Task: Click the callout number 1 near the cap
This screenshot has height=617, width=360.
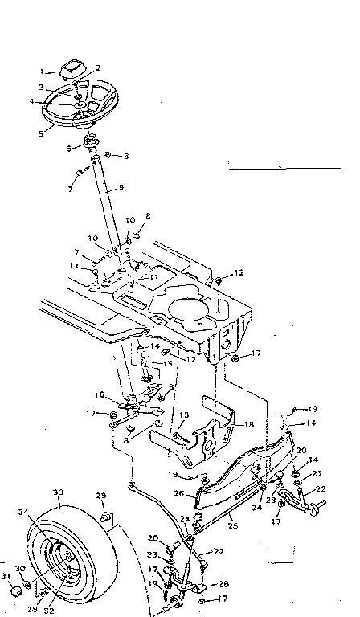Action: pyautogui.click(x=51, y=71)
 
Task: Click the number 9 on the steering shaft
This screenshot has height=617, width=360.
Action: pyautogui.click(x=121, y=188)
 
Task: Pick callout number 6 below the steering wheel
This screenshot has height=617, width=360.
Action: pyautogui.click(x=70, y=149)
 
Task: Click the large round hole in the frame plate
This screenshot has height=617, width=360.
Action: pyautogui.click(x=193, y=306)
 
